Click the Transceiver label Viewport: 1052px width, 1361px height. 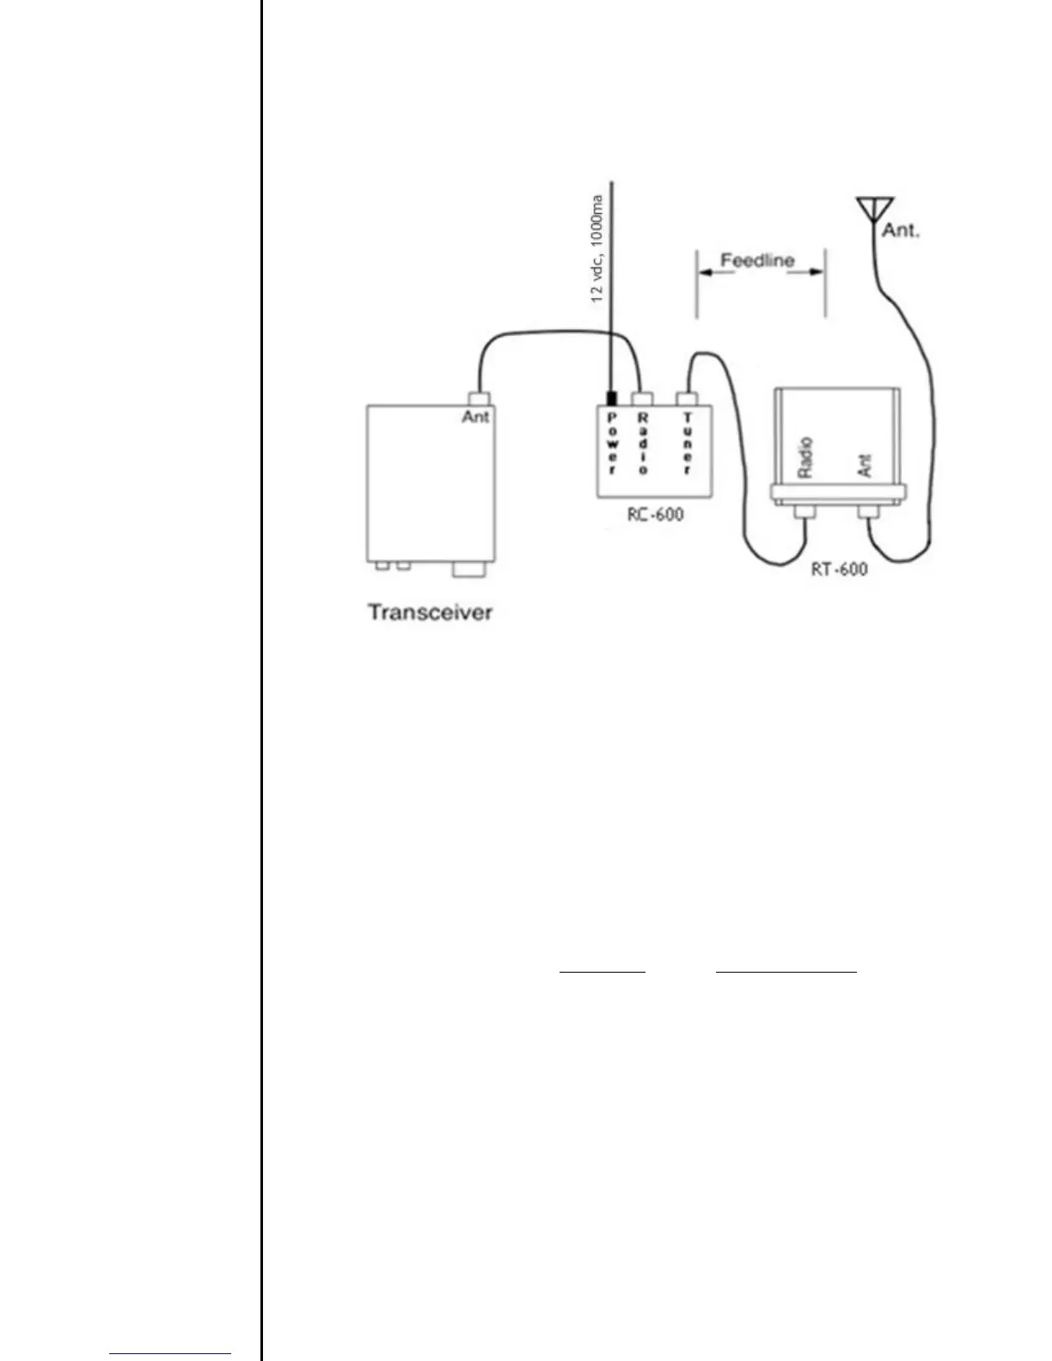pos(430,613)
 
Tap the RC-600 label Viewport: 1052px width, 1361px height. pos(655,516)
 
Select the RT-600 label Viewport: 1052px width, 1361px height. pos(839,569)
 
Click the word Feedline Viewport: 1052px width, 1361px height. pos(757,260)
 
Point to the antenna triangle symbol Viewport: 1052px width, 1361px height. pos(874,209)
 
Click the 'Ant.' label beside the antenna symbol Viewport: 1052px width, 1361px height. pos(901,230)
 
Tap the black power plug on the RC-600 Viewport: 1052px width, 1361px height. pos(612,399)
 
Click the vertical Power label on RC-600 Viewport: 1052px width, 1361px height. pos(612,443)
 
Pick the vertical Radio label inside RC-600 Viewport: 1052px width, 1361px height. pos(643,443)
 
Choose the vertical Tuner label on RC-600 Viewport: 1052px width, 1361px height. pos(687,443)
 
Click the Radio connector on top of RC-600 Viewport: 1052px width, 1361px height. pos(642,399)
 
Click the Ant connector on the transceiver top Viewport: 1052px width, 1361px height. pos(478,399)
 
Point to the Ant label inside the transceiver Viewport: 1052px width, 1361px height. pos(475,417)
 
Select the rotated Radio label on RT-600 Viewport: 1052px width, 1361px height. pos(805,457)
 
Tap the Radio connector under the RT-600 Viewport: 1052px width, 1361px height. pos(805,513)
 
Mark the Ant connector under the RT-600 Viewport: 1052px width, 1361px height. pos(869,513)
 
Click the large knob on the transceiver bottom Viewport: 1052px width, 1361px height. pos(468,569)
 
